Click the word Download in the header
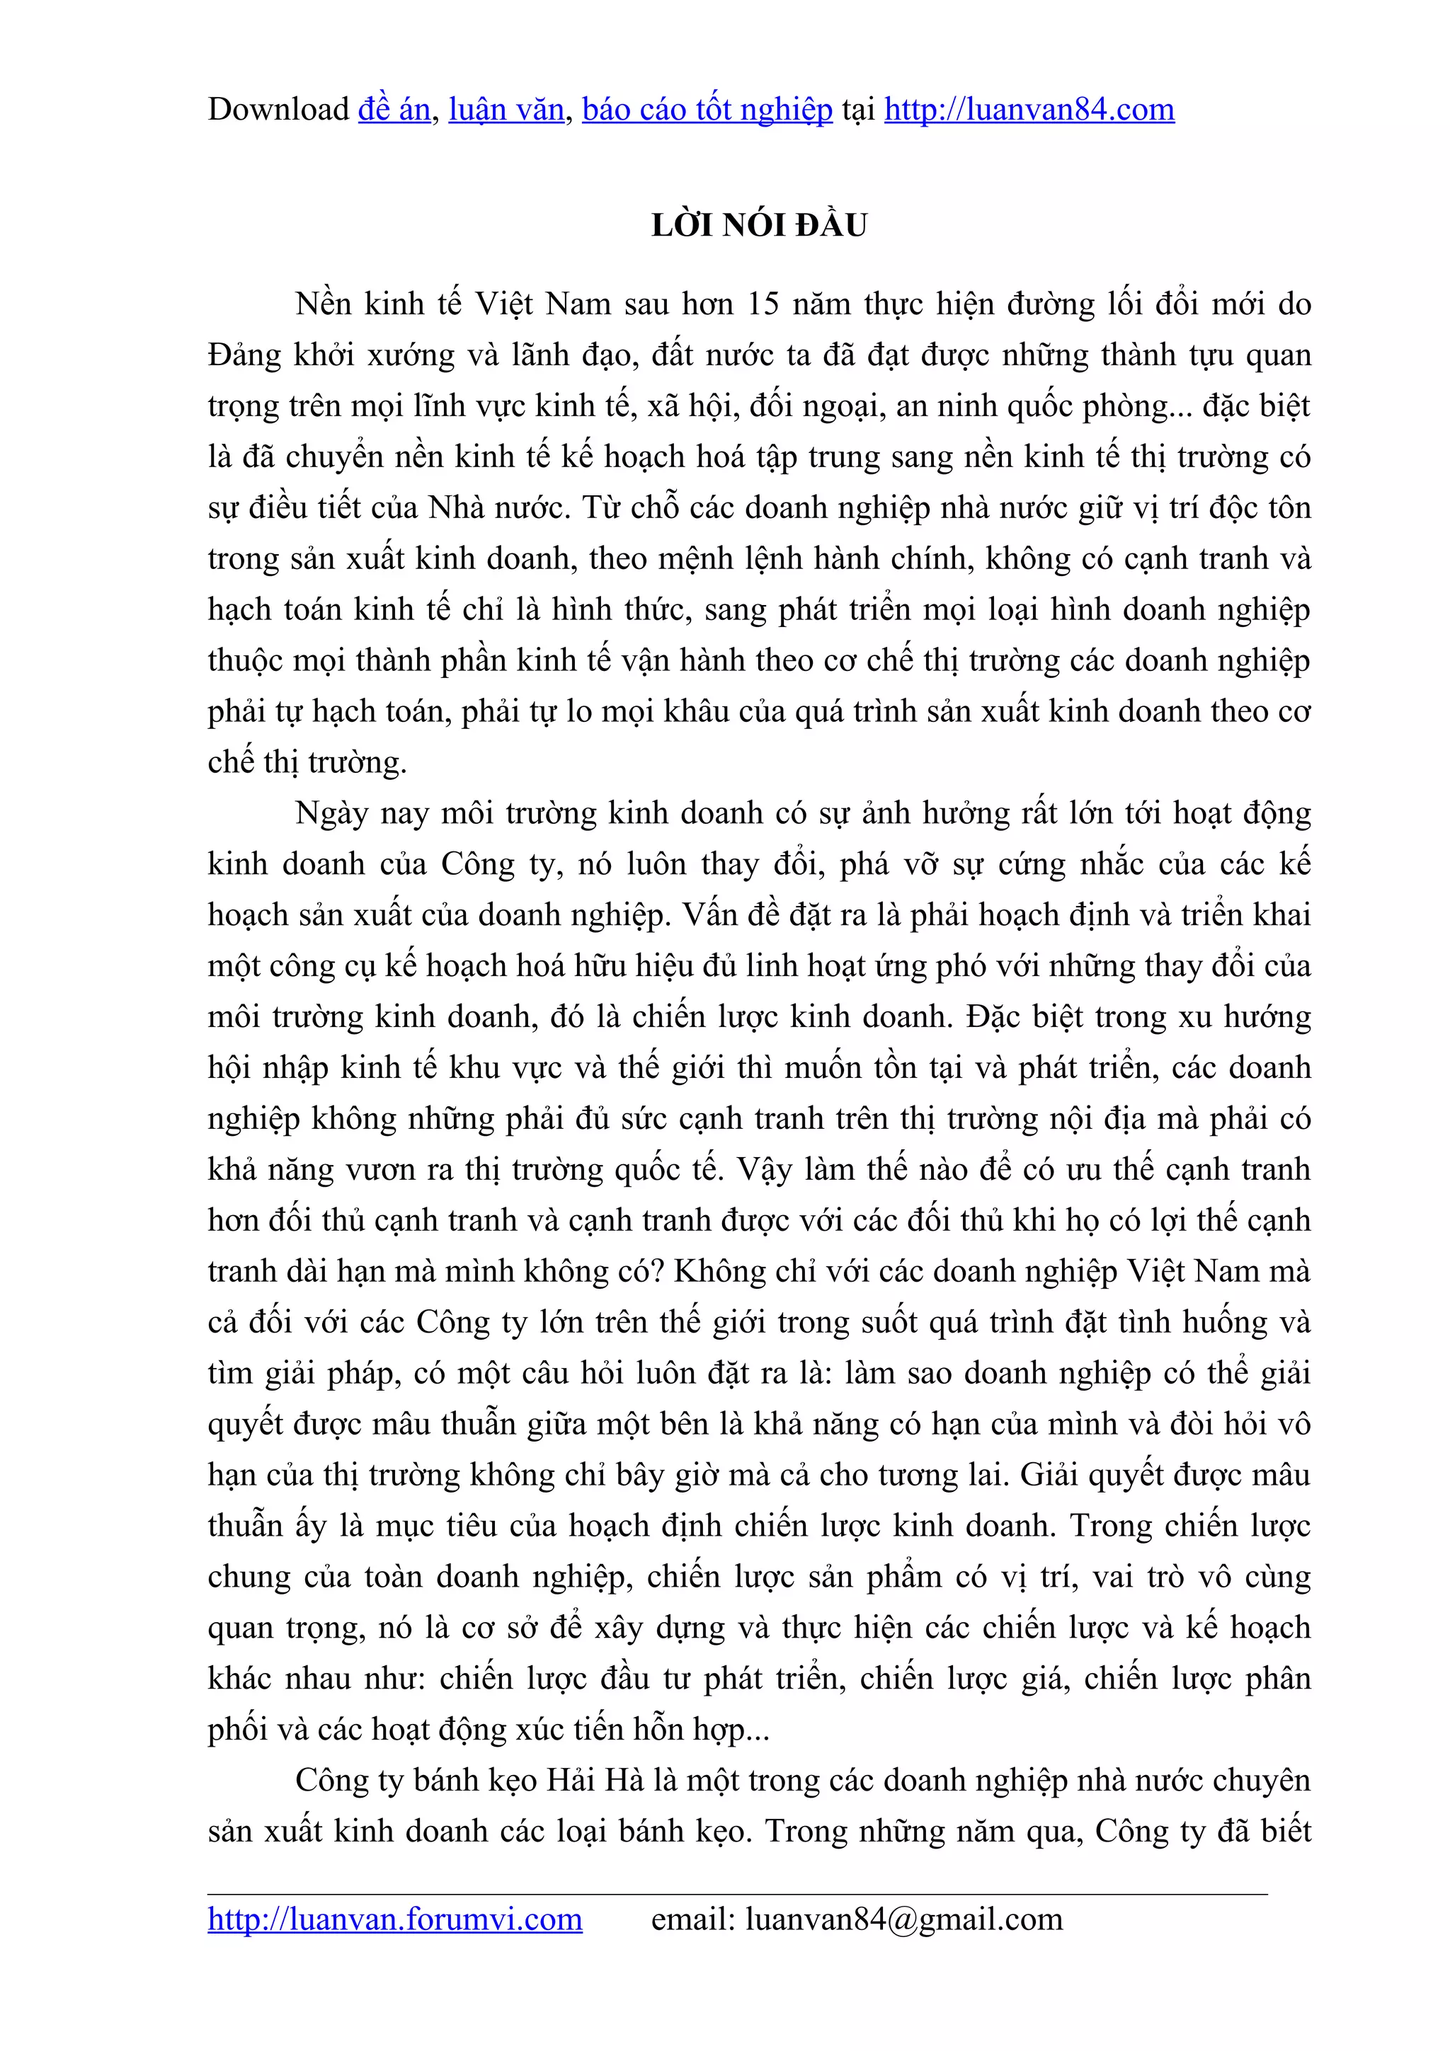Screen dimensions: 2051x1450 (278, 110)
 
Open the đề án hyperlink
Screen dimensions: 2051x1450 (394, 110)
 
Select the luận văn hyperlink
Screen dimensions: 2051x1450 (506, 110)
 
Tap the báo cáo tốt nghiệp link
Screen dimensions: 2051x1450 (707, 110)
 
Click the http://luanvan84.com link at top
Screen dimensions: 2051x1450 (1029, 110)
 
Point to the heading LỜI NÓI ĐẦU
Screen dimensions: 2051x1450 (760, 225)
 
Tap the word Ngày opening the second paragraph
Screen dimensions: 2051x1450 (331, 814)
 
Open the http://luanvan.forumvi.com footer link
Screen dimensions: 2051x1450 (395, 1919)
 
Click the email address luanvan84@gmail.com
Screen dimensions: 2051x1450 (904, 1919)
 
